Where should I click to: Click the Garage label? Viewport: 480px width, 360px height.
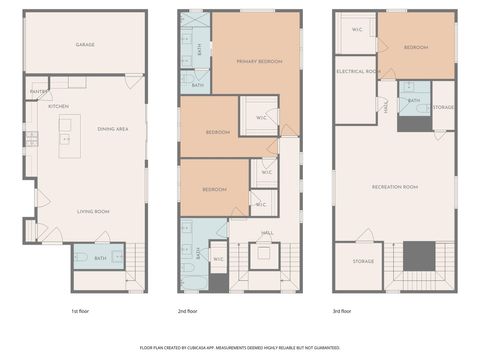[85, 45]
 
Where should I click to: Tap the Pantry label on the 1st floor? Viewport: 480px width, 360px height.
[38, 91]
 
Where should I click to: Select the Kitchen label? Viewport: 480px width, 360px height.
[58, 106]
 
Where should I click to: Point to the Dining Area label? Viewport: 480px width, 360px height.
[113, 128]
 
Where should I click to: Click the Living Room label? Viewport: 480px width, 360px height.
[94, 211]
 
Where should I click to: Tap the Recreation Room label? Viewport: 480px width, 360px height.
[393, 187]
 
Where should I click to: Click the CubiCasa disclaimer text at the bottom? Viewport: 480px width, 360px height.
[239, 347]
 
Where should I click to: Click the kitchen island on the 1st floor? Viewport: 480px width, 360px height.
[68, 135]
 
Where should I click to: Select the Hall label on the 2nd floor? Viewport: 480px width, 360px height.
[267, 233]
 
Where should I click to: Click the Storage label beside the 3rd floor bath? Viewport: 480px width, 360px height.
[443, 107]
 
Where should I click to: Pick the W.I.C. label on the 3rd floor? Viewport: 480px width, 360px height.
[357, 29]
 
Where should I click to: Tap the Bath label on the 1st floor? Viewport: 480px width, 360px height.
[100, 259]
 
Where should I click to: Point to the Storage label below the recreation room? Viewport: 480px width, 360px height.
[363, 262]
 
